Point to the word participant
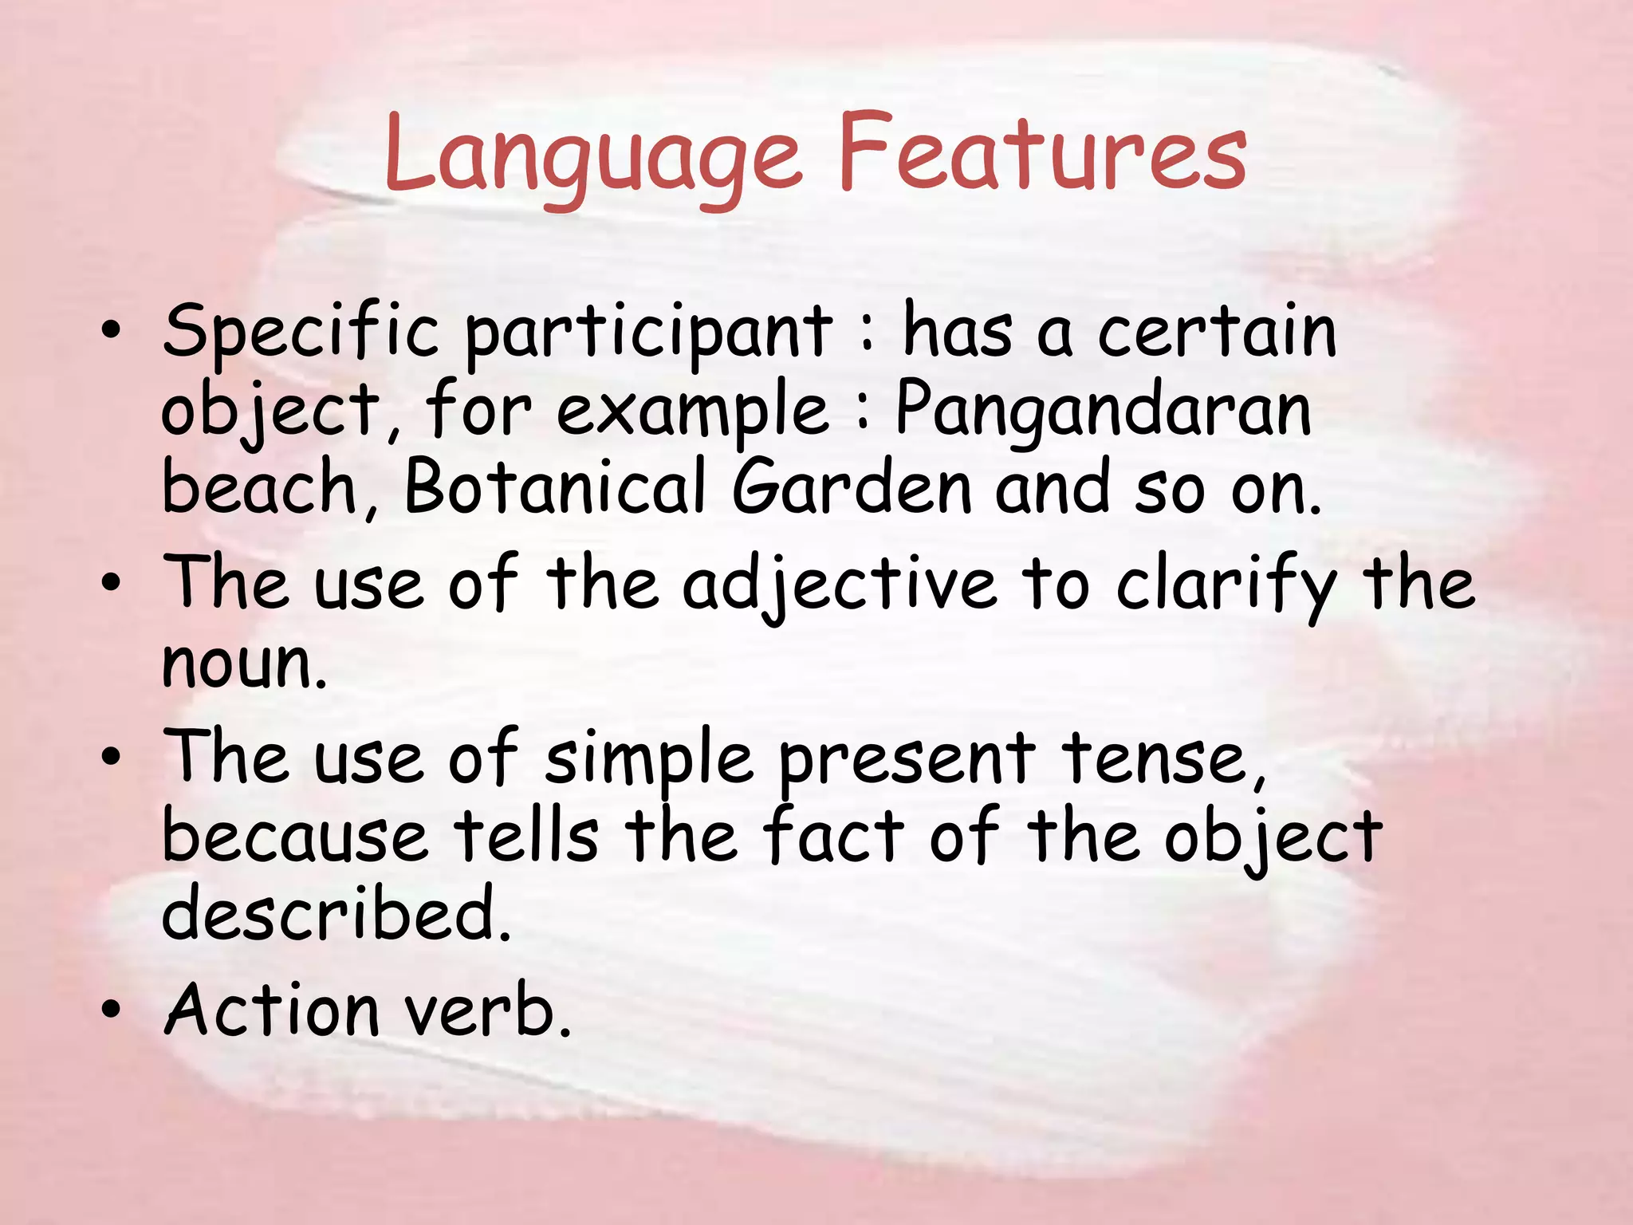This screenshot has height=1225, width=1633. [648, 333]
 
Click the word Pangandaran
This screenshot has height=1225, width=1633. [1104, 411]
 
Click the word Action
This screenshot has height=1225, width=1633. [271, 1010]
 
